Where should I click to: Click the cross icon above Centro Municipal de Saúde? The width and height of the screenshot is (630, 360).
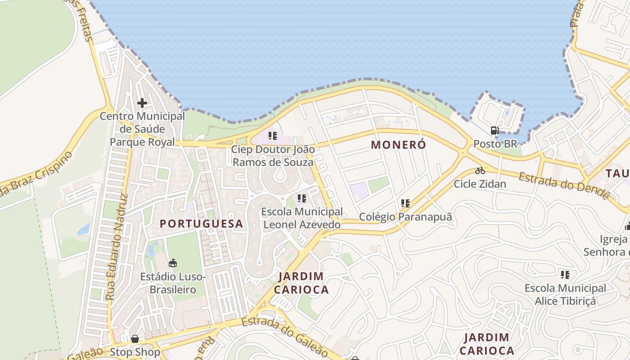pyautogui.click(x=142, y=103)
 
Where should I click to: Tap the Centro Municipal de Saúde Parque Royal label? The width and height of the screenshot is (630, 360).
pyautogui.click(x=142, y=129)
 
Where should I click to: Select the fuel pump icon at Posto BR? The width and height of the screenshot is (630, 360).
pyautogui.click(x=495, y=130)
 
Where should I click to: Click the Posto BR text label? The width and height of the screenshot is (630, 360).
pyautogui.click(x=495, y=144)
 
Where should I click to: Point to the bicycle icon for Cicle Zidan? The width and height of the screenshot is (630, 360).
pyautogui.click(x=480, y=171)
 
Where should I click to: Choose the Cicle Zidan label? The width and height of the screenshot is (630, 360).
pyautogui.click(x=480, y=184)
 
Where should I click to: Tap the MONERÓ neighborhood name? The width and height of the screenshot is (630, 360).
pyautogui.click(x=398, y=145)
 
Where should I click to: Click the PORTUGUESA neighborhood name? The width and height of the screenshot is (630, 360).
pyautogui.click(x=201, y=224)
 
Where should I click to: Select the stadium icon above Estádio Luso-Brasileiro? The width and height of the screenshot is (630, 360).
pyautogui.click(x=172, y=263)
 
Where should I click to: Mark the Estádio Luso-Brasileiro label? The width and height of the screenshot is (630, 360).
pyautogui.click(x=173, y=283)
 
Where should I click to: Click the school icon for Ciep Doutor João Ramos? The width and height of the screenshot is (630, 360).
pyautogui.click(x=272, y=135)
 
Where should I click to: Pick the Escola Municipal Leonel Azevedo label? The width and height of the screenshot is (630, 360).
pyautogui.click(x=301, y=218)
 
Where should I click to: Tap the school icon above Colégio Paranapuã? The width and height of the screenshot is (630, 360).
pyautogui.click(x=405, y=203)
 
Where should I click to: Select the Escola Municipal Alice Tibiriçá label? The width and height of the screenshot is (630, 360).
pyautogui.click(x=565, y=294)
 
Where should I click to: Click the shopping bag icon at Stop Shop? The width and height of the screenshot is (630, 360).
pyautogui.click(x=135, y=339)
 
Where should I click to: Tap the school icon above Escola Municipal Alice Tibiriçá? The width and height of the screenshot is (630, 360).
pyautogui.click(x=565, y=274)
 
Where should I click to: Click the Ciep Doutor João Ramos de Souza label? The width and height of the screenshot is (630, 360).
pyautogui.click(x=273, y=155)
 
